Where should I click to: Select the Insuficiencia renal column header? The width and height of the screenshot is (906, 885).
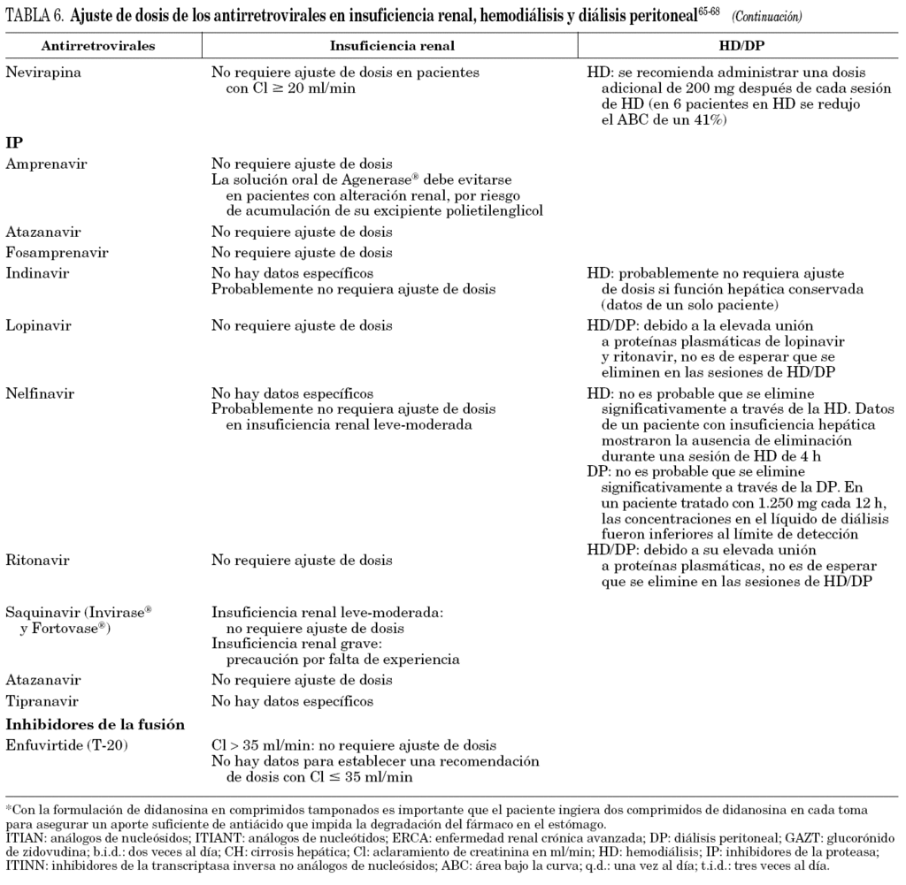[x=387, y=44]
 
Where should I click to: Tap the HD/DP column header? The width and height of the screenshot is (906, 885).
[x=738, y=44]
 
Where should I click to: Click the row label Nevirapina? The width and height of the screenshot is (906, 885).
[x=43, y=72]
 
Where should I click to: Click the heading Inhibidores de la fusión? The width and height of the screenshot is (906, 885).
[x=95, y=724]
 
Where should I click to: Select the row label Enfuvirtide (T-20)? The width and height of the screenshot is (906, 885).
[x=67, y=746]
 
